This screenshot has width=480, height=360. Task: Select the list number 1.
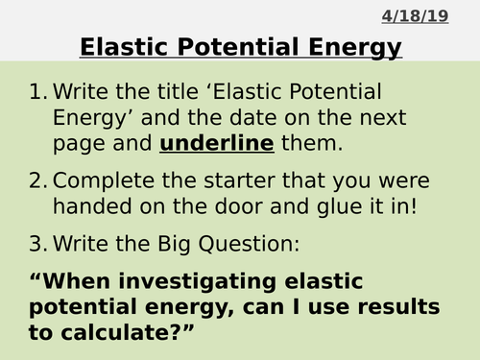tap(37, 93)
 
